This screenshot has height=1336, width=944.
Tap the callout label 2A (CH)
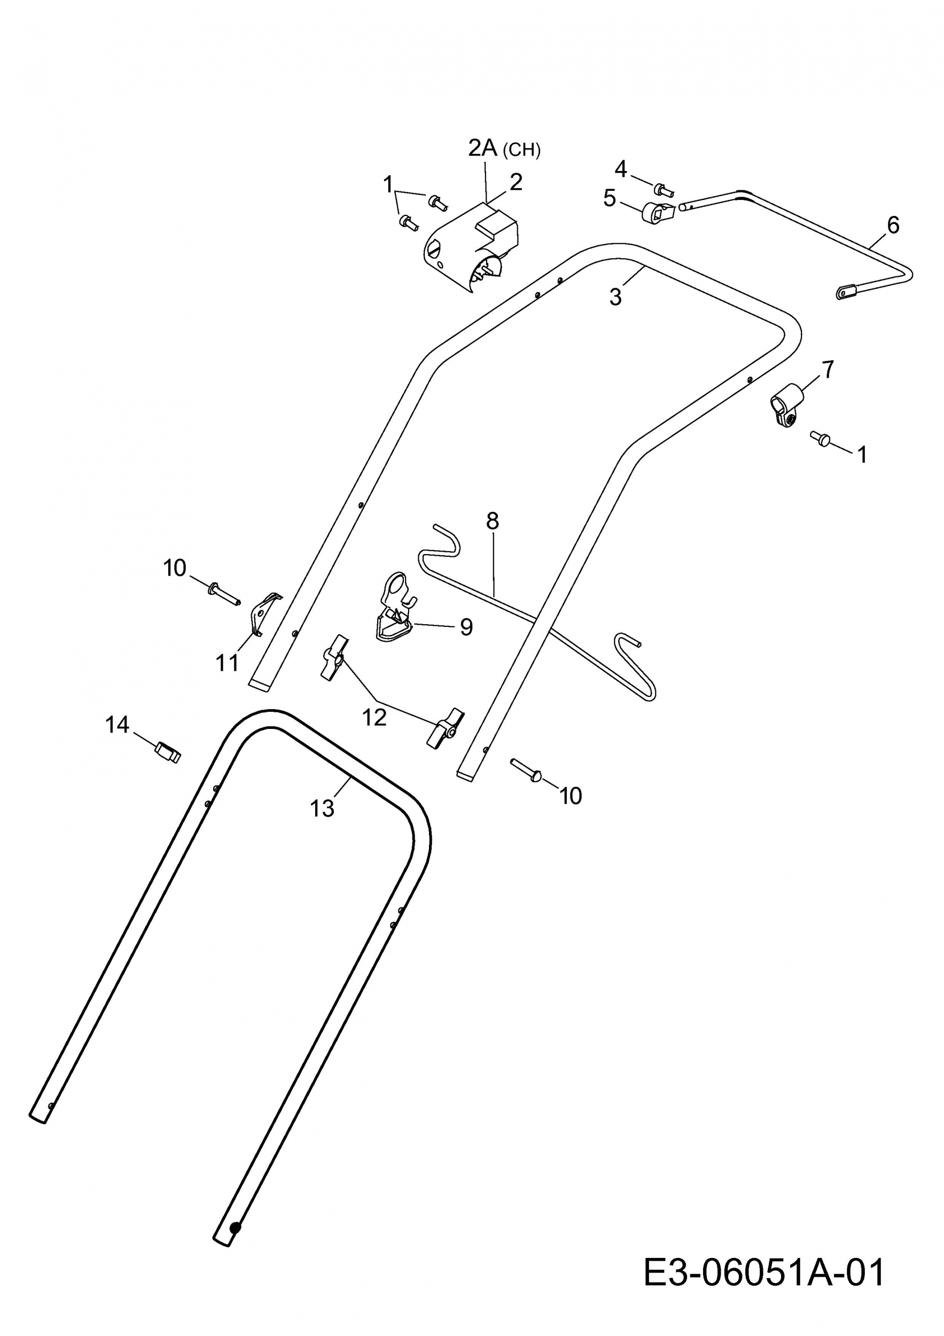pyautogui.click(x=504, y=149)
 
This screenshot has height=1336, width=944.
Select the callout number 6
pyautogui.click(x=893, y=224)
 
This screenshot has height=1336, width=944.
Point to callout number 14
pyautogui.click(x=117, y=725)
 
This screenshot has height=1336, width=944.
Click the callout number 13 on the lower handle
pyautogui.click(x=322, y=808)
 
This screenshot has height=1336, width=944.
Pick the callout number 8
pyautogui.click(x=492, y=521)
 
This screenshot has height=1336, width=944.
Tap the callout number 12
pyautogui.click(x=374, y=718)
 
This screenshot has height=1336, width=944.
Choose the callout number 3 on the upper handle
pyautogui.click(x=615, y=296)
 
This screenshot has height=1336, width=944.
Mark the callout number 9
pyautogui.click(x=466, y=627)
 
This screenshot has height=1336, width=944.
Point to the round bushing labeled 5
pyautogui.click(x=657, y=213)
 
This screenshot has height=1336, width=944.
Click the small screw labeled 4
pyautogui.click(x=663, y=189)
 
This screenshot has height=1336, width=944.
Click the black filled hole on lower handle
pyautogui.click(x=235, y=1273)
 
